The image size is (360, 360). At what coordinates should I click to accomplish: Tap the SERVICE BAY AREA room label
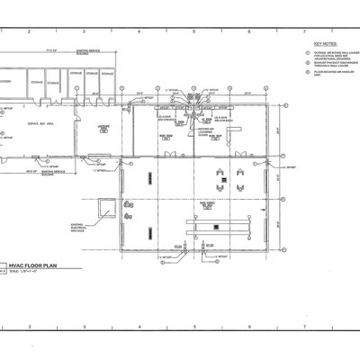click(x=38, y=122)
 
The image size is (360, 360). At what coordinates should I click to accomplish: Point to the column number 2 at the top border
click(x=29, y=31)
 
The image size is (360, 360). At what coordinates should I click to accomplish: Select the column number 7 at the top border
click(x=303, y=31)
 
